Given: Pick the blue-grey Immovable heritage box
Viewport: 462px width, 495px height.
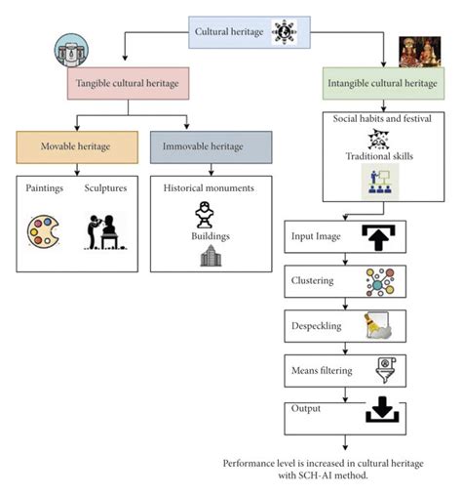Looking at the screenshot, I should tap(211, 146).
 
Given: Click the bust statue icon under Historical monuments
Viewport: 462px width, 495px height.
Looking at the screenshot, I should tap(205, 213).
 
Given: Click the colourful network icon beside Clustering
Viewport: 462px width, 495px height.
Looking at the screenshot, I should tap(379, 280).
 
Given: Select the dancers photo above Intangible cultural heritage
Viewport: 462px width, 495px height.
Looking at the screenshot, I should tap(420, 52).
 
